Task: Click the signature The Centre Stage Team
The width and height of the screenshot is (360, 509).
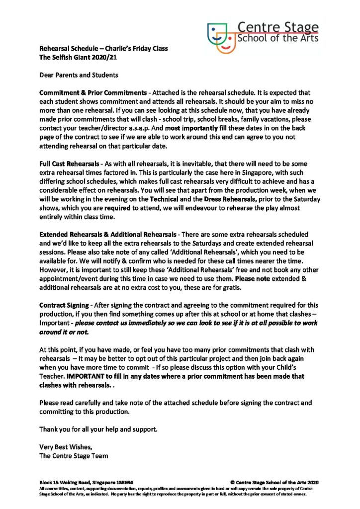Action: tap(74, 455)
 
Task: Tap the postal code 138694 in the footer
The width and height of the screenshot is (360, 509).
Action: tap(123, 482)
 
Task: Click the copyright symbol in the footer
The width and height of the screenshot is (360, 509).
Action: tap(233, 482)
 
